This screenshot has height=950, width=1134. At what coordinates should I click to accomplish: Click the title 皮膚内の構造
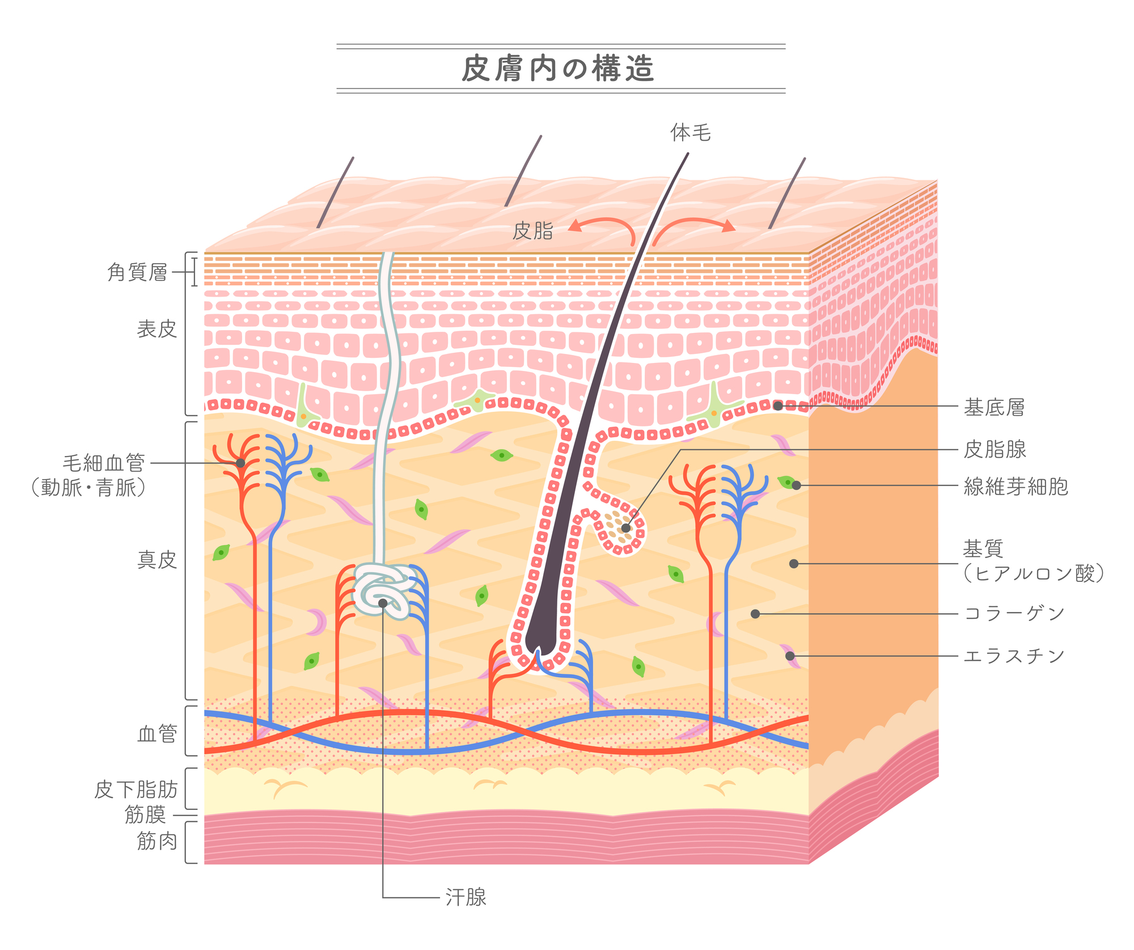click(x=558, y=69)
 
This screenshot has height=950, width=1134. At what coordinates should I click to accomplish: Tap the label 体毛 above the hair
click(x=690, y=133)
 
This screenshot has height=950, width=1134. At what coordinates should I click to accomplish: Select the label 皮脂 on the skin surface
click(x=532, y=231)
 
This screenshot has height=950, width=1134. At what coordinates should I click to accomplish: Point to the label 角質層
click(x=138, y=273)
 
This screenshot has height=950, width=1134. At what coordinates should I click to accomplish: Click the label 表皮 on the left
click(x=157, y=329)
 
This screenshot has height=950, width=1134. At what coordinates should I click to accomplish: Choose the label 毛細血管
click(x=104, y=463)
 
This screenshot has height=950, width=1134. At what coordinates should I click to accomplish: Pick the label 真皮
click(x=157, y=560)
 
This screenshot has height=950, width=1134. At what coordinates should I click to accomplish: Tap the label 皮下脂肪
click(x=136, y=789)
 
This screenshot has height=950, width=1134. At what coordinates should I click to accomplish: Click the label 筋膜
click(x=145, y=815)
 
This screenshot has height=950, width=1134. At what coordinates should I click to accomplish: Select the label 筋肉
click(x=157, y=841)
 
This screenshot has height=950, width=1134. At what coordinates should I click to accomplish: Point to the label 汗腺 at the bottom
click(x=466, y=897)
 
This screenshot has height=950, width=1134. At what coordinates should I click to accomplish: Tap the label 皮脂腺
click(x=995, y=450)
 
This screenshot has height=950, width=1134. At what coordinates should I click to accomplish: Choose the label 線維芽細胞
click(x=1015, y=487)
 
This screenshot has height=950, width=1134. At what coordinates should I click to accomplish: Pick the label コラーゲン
click(x=1014, y=614)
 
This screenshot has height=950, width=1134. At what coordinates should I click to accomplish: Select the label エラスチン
click(x=1014, y=656)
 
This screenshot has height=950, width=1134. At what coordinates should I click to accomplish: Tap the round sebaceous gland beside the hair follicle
click(x=621, y=529)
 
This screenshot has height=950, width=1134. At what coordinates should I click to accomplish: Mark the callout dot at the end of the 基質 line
click(x=794, y=564)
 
